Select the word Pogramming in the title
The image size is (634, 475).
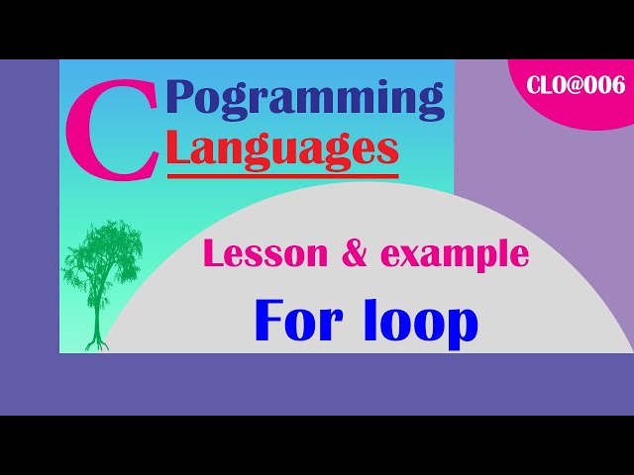tap(305, 99)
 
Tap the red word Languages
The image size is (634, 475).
tap(282, 149)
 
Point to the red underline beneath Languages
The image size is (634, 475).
tap(282, 176)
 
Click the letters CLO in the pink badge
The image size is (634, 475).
tap(548, 85)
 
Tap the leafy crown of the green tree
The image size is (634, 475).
tap(101, 255)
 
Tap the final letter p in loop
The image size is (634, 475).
tap(463, 326)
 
